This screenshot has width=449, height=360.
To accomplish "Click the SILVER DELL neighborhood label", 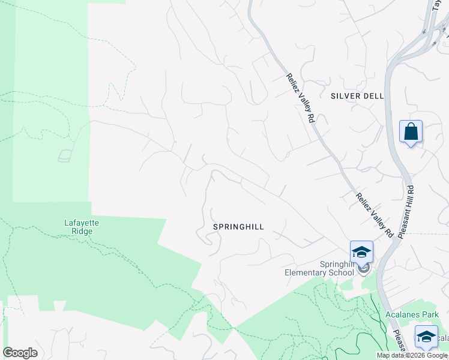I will coord(357,96).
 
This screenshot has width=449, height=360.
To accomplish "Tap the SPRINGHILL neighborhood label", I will coord(238,227).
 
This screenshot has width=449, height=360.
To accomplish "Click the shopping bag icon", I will coord(411,131).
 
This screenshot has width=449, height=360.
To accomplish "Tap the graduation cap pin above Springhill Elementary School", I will coord(361,252).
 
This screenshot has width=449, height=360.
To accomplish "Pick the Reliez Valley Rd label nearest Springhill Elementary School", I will coord(374,215).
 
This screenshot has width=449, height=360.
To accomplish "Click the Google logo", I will coord(20,353).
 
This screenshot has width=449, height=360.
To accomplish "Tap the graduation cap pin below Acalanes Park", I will coord(426,337).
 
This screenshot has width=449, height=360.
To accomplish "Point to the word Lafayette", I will coord(82,223).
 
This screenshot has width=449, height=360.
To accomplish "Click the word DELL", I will coord(373,96).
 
